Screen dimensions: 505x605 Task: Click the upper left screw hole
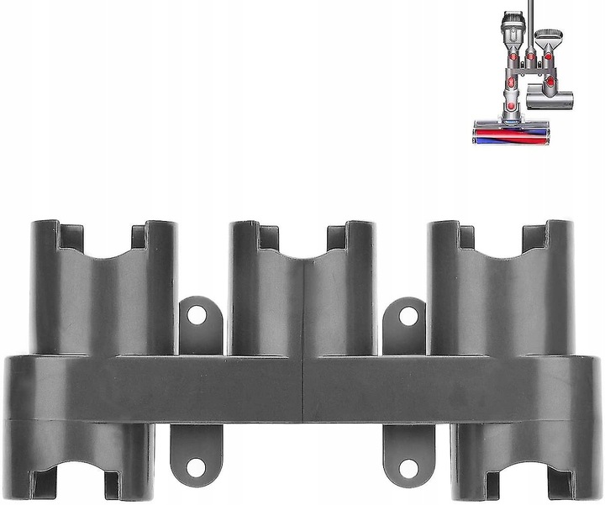click(197, 316)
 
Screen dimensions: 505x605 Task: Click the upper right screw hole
click(408, 316)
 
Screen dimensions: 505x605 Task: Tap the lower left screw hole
click(197, 465)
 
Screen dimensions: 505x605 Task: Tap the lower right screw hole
click(408, 465)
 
